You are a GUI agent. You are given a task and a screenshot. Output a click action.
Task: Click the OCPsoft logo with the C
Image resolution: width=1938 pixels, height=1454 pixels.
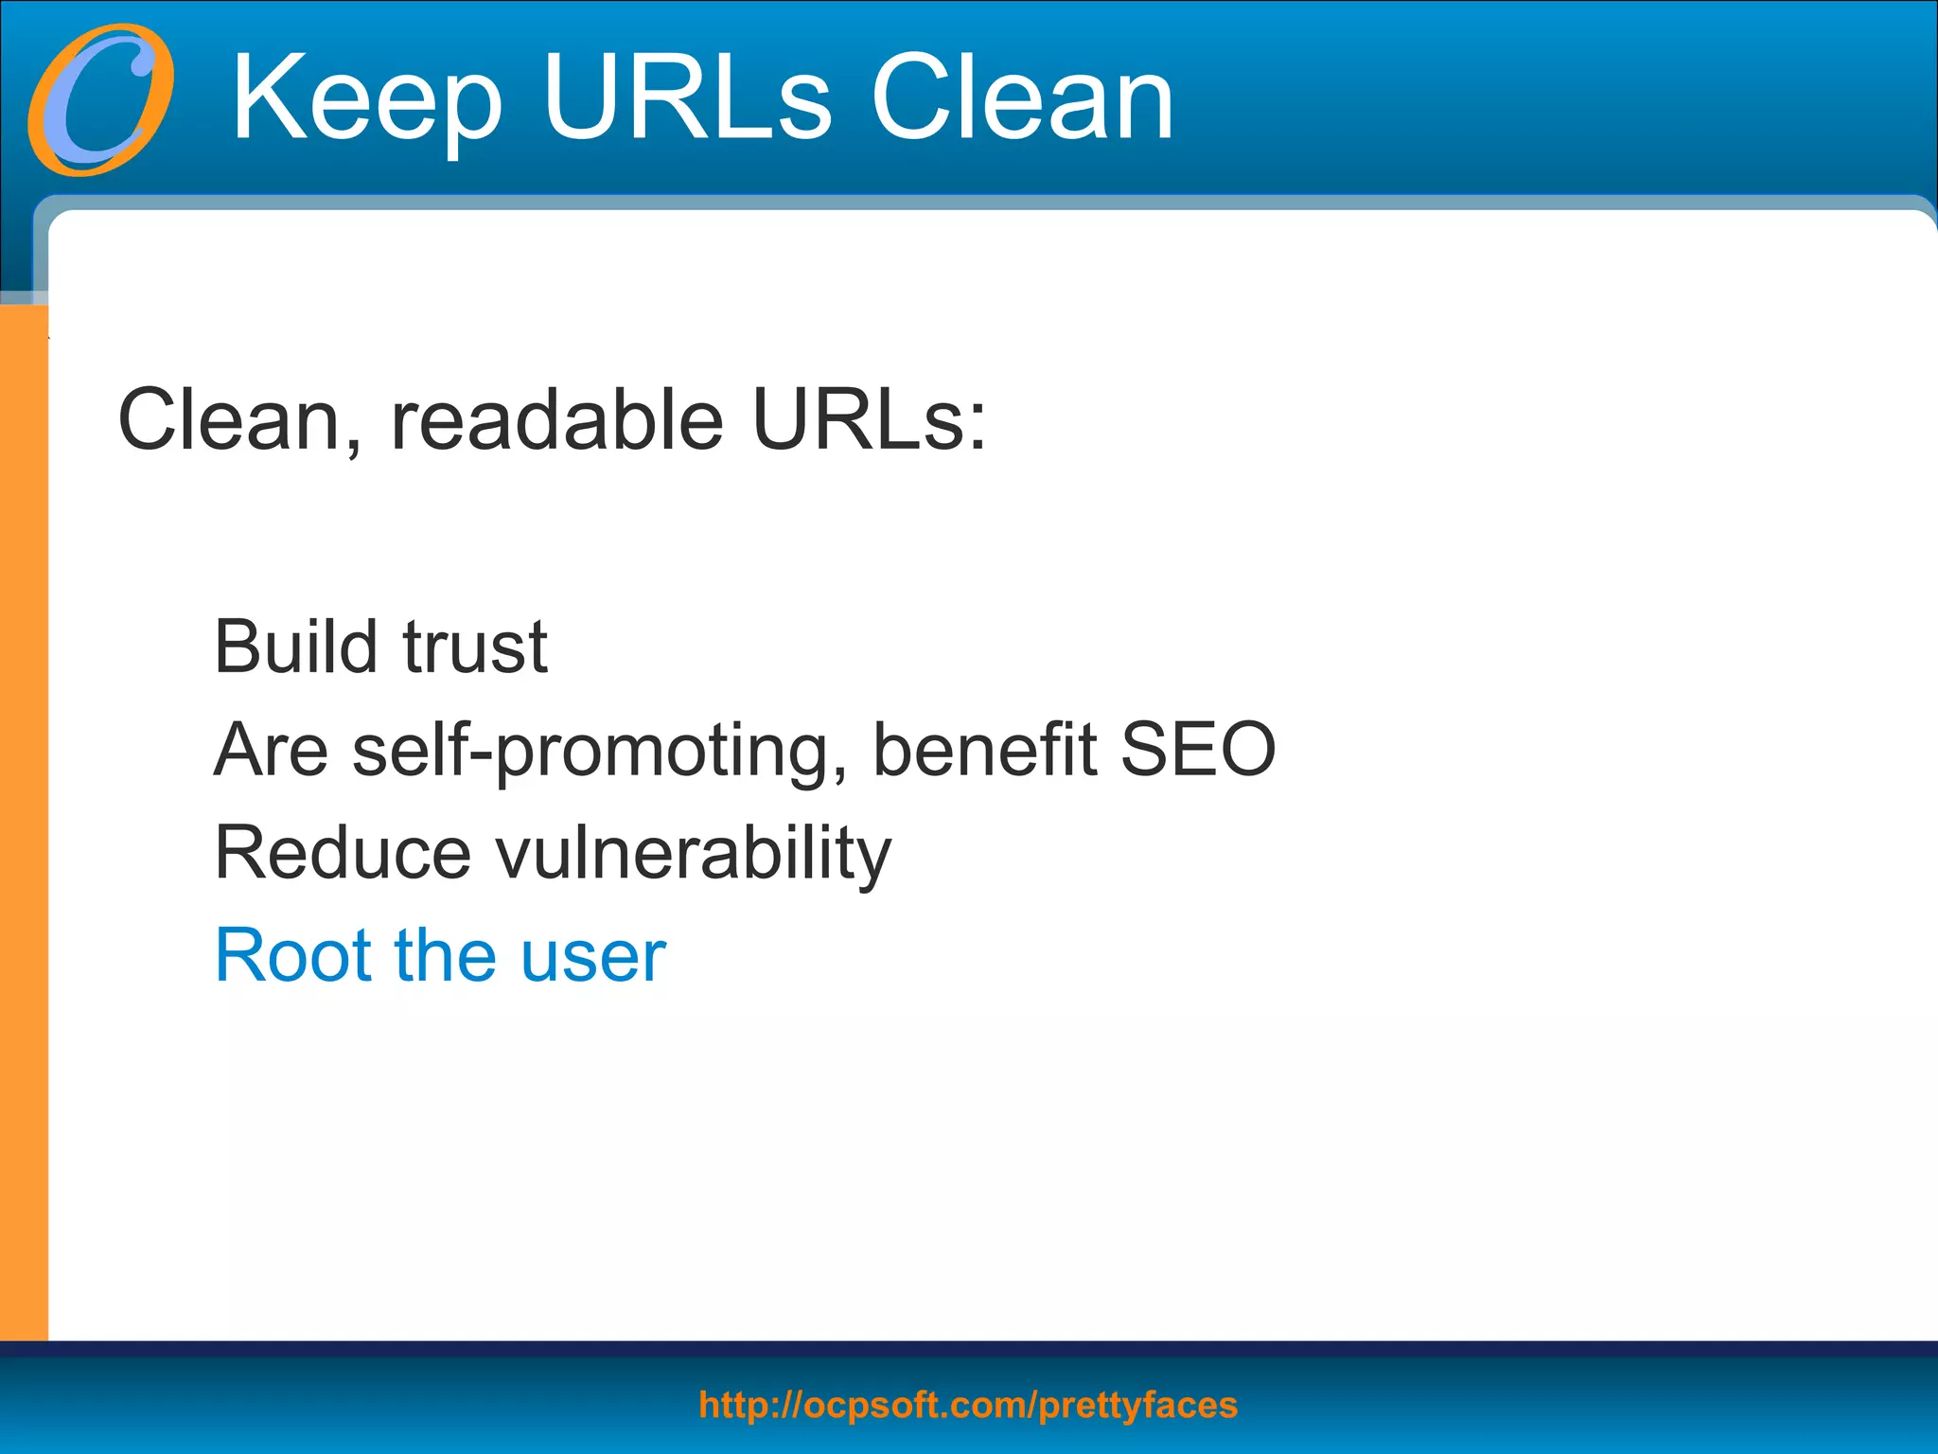(100, 100)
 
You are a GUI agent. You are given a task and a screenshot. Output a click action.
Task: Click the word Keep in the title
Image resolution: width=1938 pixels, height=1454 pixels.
(367, 98)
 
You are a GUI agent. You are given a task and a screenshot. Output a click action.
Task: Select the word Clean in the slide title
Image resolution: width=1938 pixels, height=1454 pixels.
(1022, 98)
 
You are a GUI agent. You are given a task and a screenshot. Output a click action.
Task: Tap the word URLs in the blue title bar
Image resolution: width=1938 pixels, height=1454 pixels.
(687, 98)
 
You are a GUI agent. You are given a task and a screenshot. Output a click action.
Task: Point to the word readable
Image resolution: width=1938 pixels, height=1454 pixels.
(556, 420)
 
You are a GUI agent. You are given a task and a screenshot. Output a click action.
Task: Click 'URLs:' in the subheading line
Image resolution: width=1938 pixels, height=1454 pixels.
(869, 420)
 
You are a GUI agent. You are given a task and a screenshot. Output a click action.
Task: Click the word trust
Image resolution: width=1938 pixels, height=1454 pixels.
(475, 647)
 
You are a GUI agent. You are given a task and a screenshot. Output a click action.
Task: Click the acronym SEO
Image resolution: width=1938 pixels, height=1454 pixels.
(1198, 749)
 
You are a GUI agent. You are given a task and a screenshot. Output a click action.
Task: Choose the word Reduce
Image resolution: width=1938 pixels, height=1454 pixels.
(343, 853)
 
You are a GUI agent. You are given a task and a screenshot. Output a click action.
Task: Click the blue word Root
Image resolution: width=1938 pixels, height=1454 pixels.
(293, 955)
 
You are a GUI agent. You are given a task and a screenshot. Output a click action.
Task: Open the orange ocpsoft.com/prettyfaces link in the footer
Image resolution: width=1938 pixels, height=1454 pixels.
(968, 1406)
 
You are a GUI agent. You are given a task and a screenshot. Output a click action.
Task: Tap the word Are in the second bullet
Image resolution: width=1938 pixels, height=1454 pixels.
(271, 749)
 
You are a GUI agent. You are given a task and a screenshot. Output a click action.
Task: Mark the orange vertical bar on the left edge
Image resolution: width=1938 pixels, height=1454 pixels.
(24, 824)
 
